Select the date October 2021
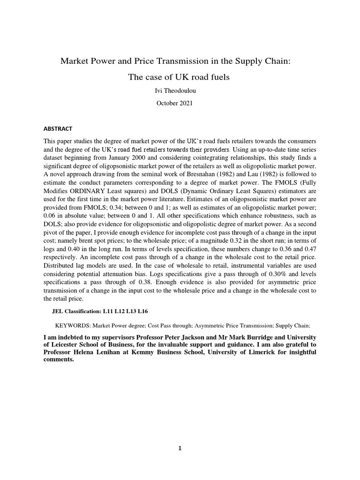[180, 103]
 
